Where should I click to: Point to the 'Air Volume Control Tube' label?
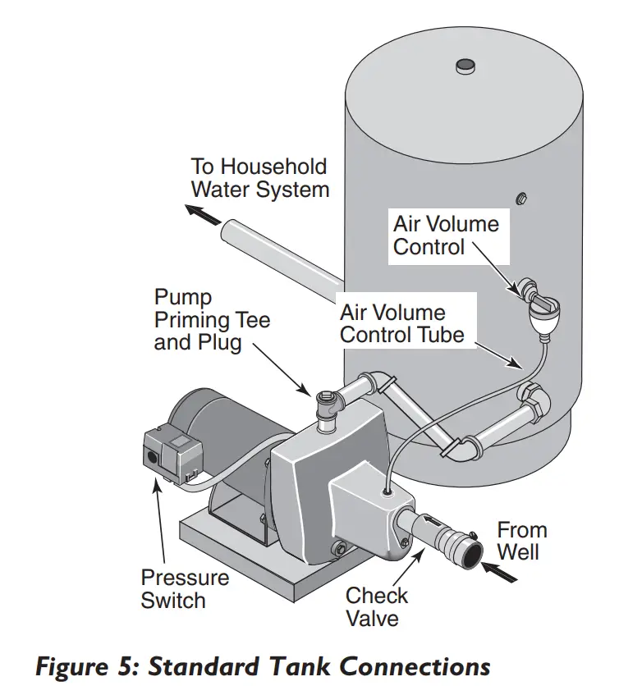(x=402, y=323)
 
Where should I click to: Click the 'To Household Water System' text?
(x=259, y=178)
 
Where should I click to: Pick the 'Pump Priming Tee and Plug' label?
(x=212, y=319)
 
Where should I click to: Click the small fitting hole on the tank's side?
(x=520, y=198)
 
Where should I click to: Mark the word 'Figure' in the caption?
(x=74, y=665)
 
